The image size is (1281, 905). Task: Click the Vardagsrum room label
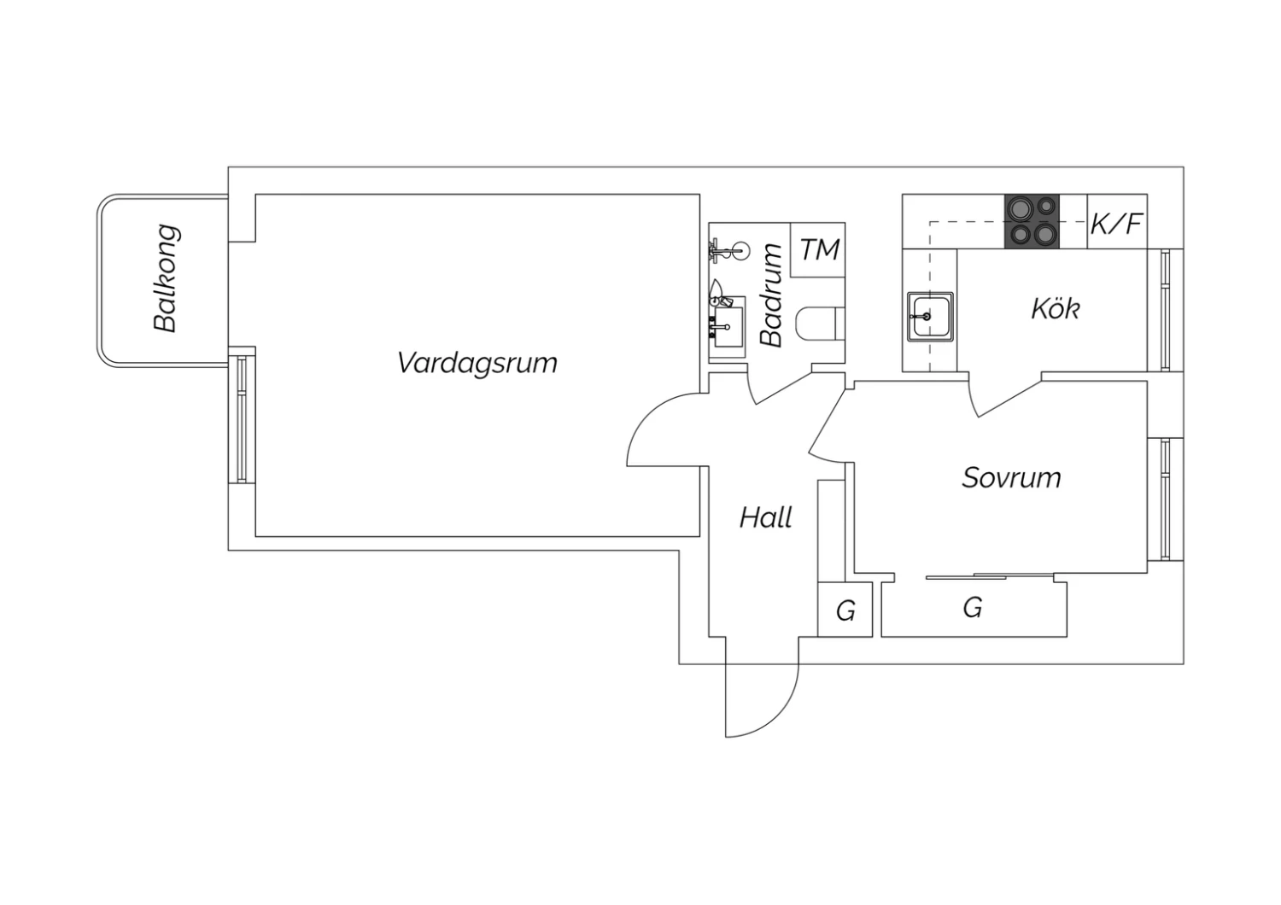coord(477,363)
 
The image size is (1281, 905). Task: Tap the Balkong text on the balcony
coord(167,278)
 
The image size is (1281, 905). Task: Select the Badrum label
coord(771,295)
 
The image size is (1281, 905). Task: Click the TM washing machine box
coord(818,250)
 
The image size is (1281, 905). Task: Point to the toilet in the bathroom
coord(820,324)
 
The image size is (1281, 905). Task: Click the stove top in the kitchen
coord(1032,221)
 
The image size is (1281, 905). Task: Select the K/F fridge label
coord(1115,224)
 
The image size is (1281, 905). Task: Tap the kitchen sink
coord(930,317)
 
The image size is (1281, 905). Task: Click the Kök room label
coord(1055,309)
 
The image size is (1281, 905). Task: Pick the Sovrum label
coord(1011,477)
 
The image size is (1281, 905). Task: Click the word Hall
coord(766,517)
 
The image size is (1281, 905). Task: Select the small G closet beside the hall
coord(845,610)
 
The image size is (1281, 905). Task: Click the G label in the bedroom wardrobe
coord(973,607)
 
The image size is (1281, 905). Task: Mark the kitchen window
coord(1165,310)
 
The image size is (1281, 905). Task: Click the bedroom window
coord(1165,499)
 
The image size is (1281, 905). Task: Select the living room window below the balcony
coord(242,419)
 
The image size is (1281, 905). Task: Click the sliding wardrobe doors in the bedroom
coord(990,576)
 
